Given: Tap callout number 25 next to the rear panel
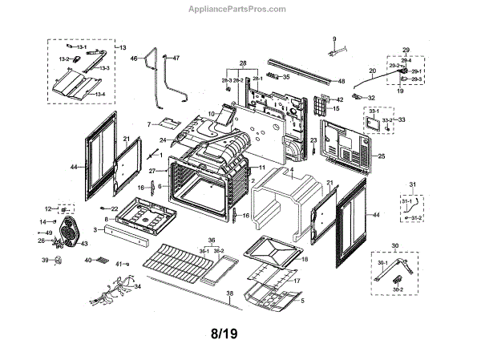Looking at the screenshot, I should (382, 156).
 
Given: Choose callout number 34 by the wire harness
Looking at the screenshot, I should (138, 286).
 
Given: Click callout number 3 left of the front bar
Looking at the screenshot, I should (95, 230).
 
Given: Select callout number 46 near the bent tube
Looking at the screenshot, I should (135, 59).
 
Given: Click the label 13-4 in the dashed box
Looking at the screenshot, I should (100, 95).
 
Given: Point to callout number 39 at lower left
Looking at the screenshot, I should (45, 261).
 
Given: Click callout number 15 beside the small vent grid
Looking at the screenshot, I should (337, 108).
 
